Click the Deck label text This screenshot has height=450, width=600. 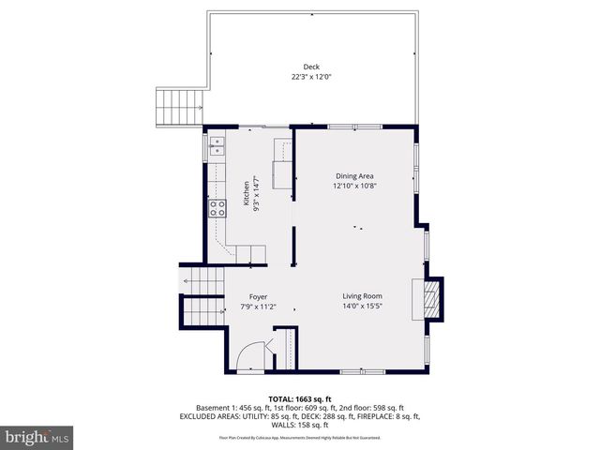point(310,67)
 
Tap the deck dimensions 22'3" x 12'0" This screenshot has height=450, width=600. point(310,77)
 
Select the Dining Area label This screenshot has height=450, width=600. point(355,175)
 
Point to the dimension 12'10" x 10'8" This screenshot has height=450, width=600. point(355,186)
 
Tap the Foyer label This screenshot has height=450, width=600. point(258,296)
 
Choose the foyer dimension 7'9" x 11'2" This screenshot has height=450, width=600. point(258,307)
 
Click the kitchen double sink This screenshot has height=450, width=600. point(217,145)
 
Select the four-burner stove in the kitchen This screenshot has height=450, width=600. point(217,208)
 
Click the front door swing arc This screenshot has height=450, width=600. point(248,356)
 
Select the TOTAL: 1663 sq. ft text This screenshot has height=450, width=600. point(300,398)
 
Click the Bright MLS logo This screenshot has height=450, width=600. point(37,437)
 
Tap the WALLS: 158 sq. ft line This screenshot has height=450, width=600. point(300,424)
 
